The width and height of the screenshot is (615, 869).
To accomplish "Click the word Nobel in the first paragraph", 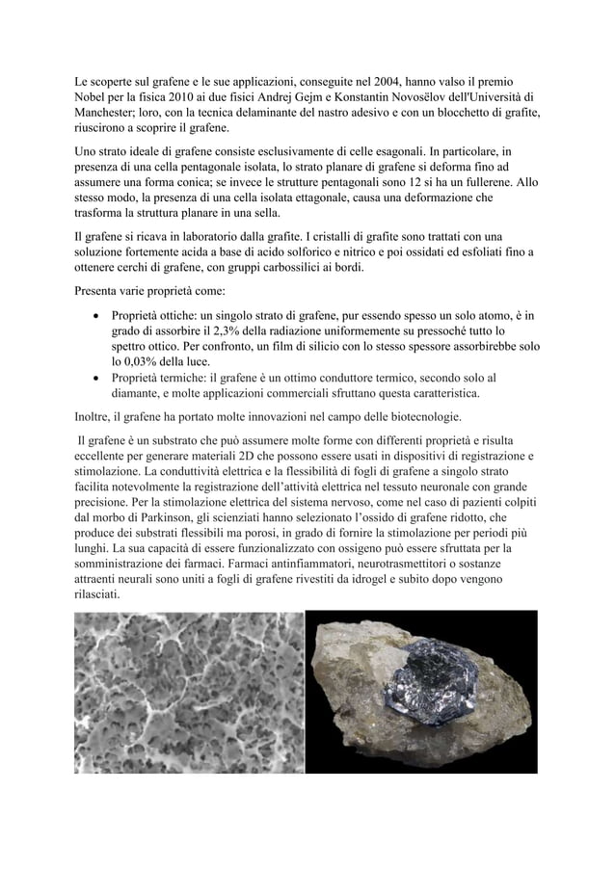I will point(94,97).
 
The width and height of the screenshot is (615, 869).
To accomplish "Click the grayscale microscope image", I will point(189,691).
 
